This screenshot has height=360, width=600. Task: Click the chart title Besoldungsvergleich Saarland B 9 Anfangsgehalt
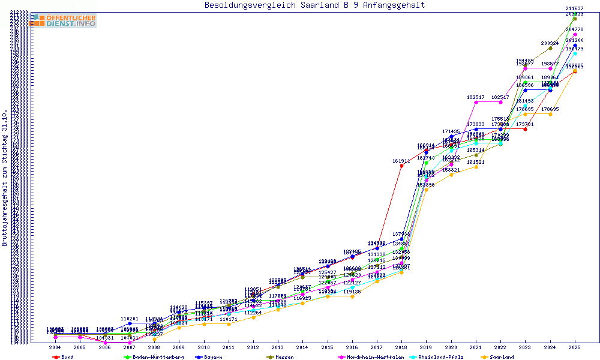point(314,5)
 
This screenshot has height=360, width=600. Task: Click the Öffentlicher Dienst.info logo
point(63,20)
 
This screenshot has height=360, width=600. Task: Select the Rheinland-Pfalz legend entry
point(440,357)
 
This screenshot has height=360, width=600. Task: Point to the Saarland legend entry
point(501,357)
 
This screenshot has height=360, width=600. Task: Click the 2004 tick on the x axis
point(55,347)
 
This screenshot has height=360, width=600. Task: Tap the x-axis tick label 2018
point(401,347)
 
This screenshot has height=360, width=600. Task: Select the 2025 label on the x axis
point(575,347)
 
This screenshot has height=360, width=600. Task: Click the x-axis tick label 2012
point(253,347)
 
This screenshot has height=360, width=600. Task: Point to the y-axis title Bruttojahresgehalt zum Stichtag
point(5,178)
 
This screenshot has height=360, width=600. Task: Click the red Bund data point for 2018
point(401,166)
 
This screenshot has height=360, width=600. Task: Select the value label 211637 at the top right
point(575,8)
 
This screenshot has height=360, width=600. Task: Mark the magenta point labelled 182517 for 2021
point(476,102)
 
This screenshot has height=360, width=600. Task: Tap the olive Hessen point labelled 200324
point(550,48)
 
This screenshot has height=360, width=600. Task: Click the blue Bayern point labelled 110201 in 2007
point(130,323)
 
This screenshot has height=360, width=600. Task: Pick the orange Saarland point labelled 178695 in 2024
point(550,114)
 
